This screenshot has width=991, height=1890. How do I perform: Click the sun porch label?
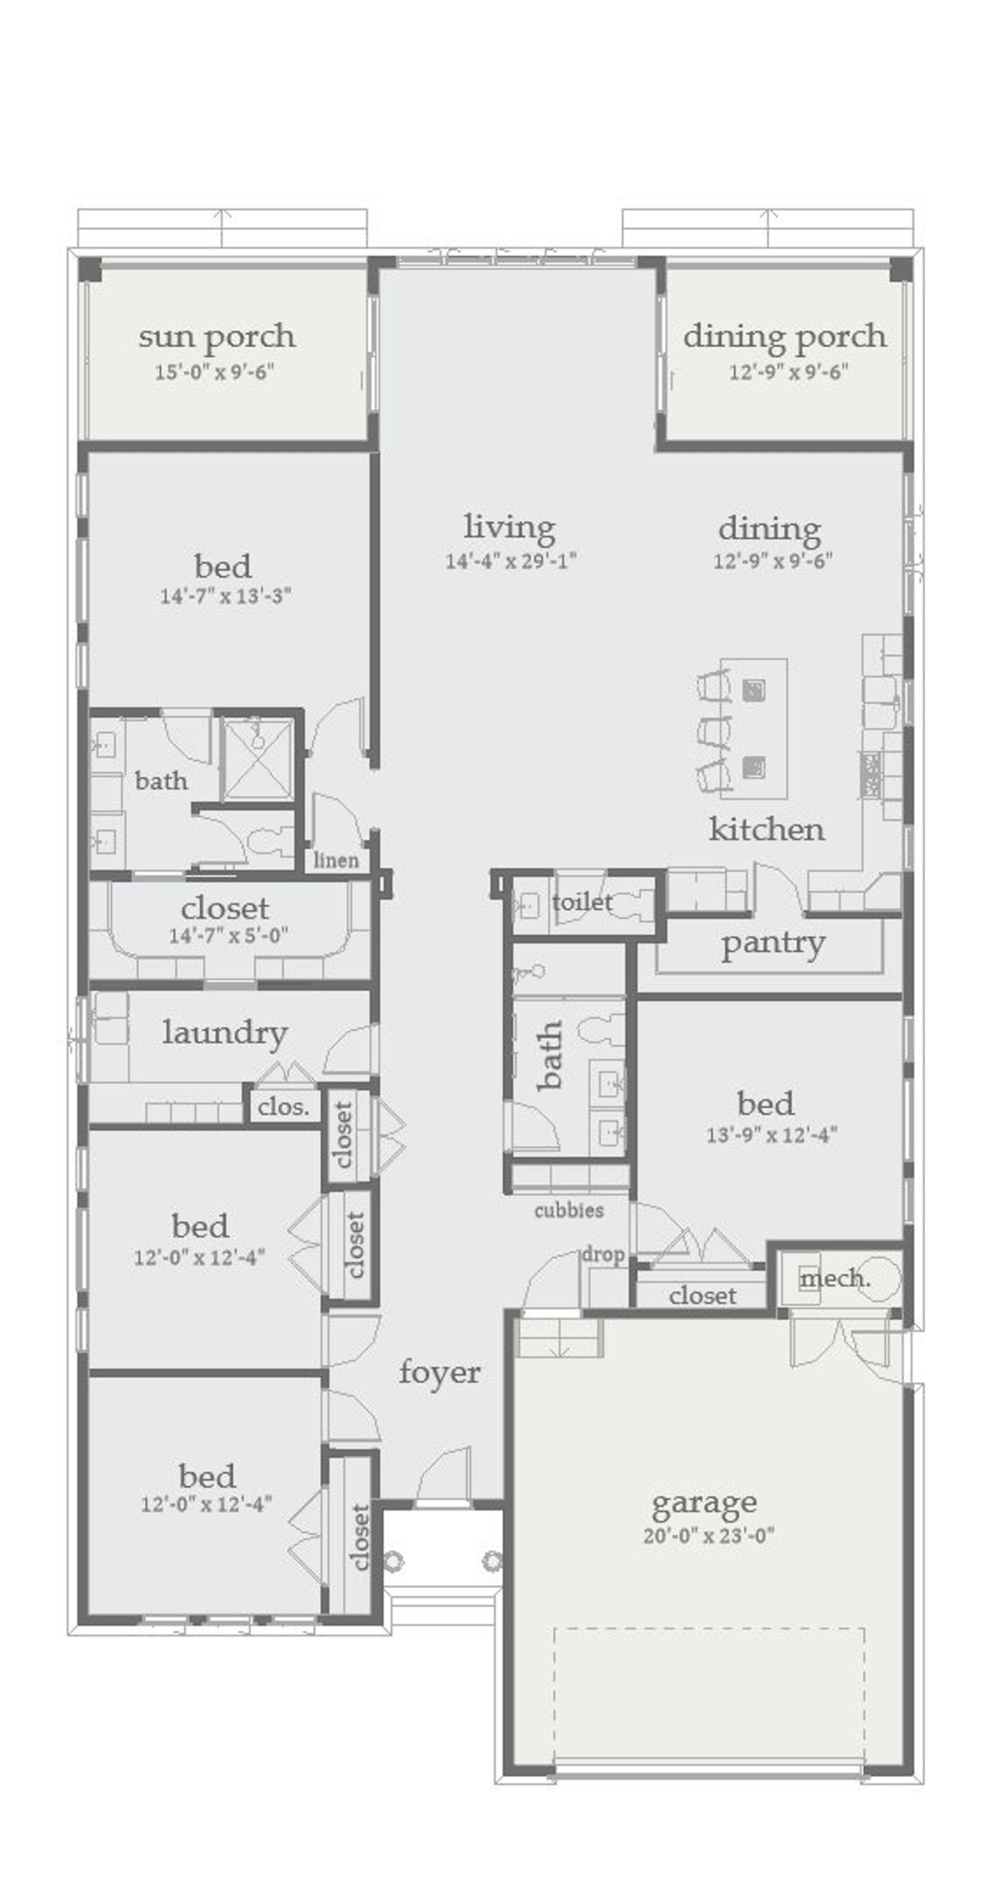217,337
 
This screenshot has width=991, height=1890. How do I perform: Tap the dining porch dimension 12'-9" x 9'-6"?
788,372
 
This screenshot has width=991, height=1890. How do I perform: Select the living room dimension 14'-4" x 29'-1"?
510,561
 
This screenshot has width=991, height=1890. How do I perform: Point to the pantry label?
772,944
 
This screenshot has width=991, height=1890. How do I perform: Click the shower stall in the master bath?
257,759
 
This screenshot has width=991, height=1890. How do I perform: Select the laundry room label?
224,1033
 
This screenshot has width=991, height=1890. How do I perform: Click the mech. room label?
835,1279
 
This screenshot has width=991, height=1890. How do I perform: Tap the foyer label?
439,1372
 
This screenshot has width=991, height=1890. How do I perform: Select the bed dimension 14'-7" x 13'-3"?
225,596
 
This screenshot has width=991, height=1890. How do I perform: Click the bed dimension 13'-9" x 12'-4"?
771,1135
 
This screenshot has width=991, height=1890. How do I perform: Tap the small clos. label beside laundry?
283,1107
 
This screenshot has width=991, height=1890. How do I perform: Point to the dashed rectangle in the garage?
708,1695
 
